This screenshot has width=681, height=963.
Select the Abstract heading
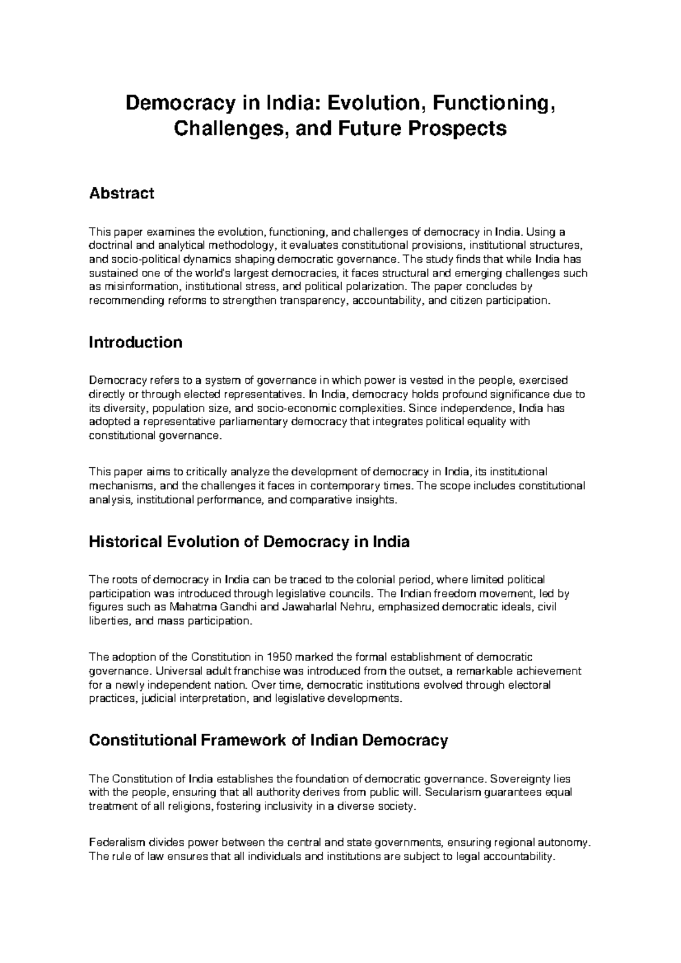click(x=122, y=194)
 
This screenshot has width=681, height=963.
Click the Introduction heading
click(x=136, y=342)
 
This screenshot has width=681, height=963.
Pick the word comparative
click(x=321, y=500)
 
